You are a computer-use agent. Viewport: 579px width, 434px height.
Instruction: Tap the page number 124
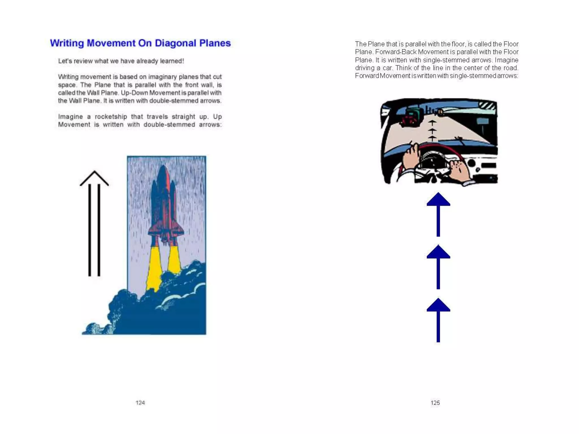tap(140, 403)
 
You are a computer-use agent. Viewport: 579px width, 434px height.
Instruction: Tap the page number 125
tap(435, 403)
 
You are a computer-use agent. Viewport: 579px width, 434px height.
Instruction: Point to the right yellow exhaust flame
tap(174, 260)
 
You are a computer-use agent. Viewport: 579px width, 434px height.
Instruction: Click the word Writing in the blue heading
tap(67, 43)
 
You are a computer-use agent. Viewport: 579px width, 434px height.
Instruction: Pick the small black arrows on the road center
tap(432, 131)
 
